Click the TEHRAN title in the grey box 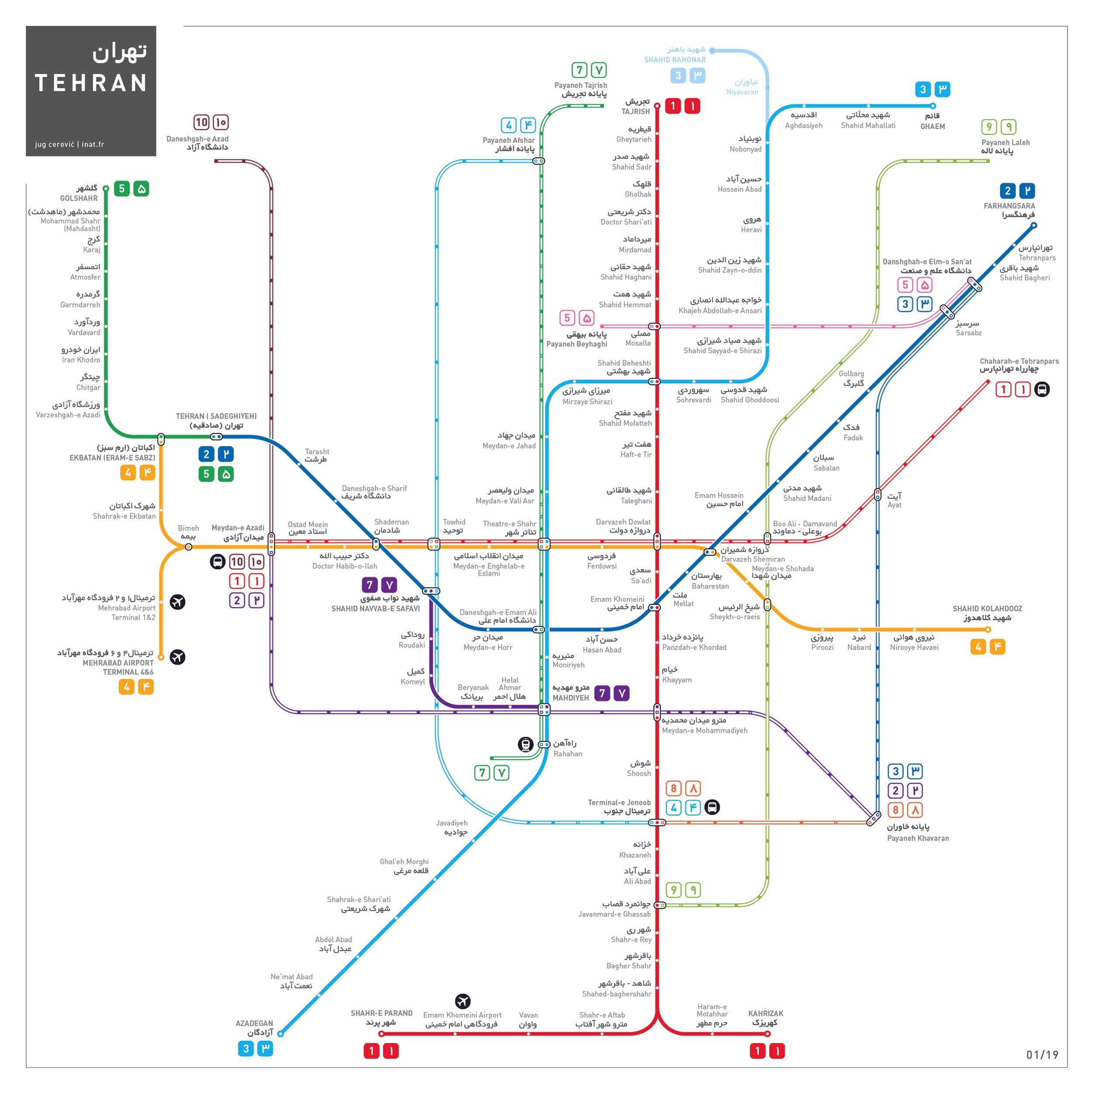[91, 83]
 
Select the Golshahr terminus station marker [106, 188]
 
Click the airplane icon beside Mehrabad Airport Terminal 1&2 [178, 602]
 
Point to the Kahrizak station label [766, 1018]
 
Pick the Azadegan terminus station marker [281, 1034]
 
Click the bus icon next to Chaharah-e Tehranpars [1042, 389]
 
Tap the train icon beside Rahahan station [526, 745]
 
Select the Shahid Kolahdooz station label [987, 613]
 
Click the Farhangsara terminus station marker [1034, 225]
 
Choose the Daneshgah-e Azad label [198, 143]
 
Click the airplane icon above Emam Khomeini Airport [463, 1001]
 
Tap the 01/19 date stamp [1042, 1055]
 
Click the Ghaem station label [933, 121]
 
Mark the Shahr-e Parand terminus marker [381, 1034]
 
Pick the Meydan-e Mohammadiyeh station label [704, 725]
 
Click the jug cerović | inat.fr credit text [70, 144]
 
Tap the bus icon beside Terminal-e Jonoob [712, 808]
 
